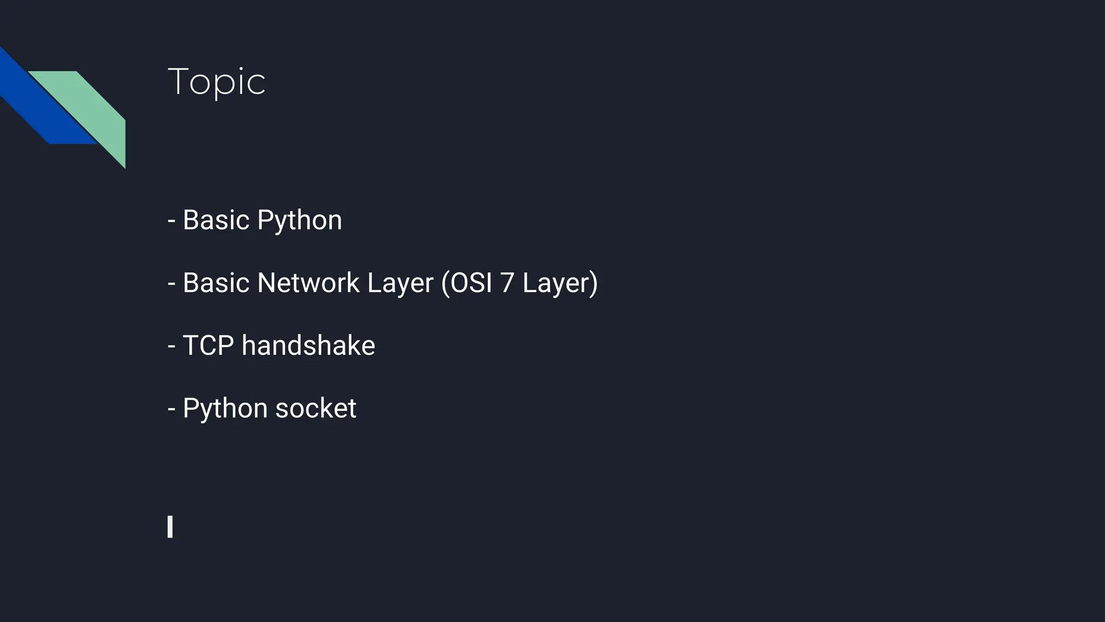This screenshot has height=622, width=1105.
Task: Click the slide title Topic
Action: click(216, 82)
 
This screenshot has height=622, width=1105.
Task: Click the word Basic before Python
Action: click(216, 220)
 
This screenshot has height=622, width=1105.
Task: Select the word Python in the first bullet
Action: click(299, 220)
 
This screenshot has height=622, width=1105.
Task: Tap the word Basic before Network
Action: click(216, 283)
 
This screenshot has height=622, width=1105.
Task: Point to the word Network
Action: click(308, 283)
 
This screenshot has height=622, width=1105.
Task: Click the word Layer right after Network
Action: click(400, 283)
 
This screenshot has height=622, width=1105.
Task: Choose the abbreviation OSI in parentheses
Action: click(471, 283)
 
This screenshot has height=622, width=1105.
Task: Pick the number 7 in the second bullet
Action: click(507, 283)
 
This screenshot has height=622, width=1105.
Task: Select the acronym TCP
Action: click(208, 346)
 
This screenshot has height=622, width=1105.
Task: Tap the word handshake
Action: click(308, 346)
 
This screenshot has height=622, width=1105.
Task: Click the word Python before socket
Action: click(225, 408)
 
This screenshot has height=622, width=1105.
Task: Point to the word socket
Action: click(316, 408)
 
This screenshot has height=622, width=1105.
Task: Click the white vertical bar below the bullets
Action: click(170, 526)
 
